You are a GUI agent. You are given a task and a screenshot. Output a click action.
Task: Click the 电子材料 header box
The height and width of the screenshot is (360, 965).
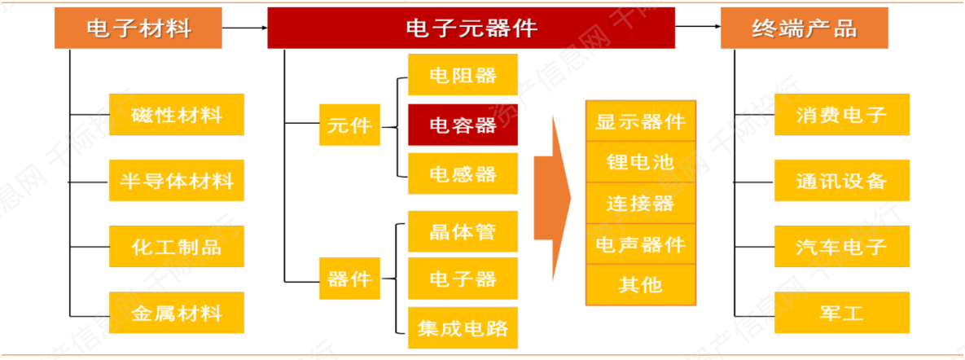[138, 29]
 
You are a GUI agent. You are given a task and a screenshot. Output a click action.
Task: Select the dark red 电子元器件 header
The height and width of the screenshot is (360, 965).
[471, 29]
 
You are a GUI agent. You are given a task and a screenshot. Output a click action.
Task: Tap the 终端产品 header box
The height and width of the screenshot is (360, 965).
[804, 29]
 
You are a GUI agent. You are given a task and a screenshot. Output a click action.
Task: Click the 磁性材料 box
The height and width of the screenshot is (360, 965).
[177, 115]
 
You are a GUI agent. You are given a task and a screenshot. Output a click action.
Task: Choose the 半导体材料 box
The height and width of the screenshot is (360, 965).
[177, 181]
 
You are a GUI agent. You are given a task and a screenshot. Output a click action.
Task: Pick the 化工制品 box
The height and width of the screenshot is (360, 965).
[177, 246]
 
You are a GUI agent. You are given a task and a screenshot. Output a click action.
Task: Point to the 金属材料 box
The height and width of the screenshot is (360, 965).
[177, 312]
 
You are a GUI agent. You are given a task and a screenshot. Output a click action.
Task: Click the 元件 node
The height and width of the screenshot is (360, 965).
[349, 125]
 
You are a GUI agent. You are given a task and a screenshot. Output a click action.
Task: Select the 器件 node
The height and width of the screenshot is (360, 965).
[349, 279]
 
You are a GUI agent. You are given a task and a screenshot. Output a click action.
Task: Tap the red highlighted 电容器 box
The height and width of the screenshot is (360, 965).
[463, 125]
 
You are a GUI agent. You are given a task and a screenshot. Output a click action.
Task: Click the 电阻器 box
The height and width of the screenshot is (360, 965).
[463, 76]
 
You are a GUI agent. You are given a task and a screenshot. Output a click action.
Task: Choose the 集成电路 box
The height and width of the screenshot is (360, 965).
[463, 327]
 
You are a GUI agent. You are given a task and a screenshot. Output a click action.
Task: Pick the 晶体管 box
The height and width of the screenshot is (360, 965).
[463, 231]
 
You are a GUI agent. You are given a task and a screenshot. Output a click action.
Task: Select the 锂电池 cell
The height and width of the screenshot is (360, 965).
[640, 162]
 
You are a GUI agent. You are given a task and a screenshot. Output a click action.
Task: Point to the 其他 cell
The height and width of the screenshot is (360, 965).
[640, 284]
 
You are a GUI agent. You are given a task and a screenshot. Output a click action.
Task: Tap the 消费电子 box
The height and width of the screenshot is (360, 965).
[841, 115]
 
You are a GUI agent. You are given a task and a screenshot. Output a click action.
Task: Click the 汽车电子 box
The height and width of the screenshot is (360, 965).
[841, 246]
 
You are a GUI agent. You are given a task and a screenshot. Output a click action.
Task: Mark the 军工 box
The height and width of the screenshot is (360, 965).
[841, 312]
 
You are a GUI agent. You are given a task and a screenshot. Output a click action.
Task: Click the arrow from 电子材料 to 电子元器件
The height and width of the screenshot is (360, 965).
[244, 29]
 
